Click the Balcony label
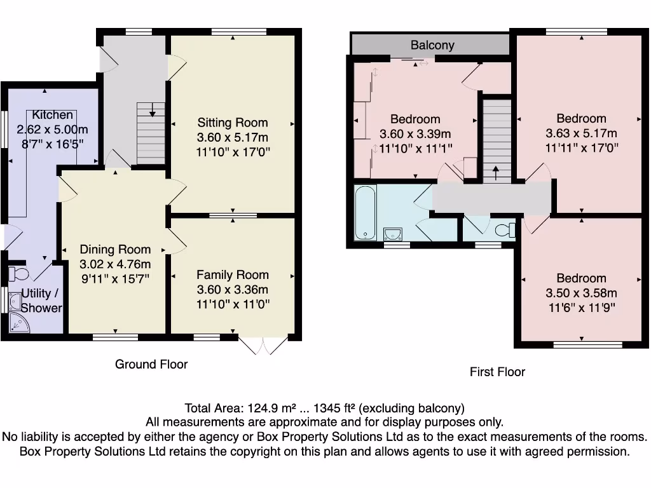click(x=432, y=45)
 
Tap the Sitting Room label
click(x=233, y=123)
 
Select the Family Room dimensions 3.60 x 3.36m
click(x=233, y=290)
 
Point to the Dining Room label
click(x=115, y=250)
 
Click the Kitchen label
click(x=52, y=115)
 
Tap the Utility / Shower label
click(x=41, y=301)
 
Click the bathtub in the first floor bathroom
click(x=366, y=213)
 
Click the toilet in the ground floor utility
click(x=18, y=274)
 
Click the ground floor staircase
click(x=151, y=134)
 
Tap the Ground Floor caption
click(x=151, y=364)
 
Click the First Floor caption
click(x=497, y=372)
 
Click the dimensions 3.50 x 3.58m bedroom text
click(x=581, y=294)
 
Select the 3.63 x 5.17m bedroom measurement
click(x=581, y=133)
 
